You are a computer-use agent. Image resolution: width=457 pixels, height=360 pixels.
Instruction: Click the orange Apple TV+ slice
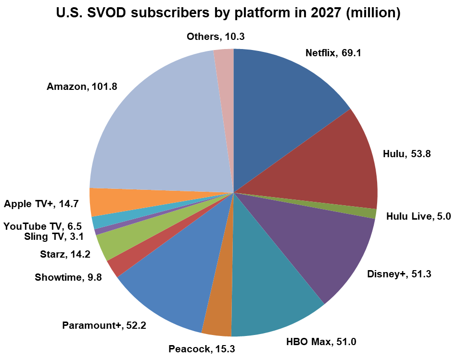click(106, 202)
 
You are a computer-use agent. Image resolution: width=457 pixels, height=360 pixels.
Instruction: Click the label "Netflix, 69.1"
click(333, 53)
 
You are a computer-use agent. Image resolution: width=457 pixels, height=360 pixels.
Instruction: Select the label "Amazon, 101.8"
click(82, 87)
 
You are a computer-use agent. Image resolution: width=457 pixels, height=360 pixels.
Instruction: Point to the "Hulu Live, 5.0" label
click(418, 216)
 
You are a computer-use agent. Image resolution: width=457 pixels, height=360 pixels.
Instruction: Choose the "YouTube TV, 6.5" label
click(42, 226)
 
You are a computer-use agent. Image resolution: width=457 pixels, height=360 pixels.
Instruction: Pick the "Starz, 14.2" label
click(65, 255)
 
